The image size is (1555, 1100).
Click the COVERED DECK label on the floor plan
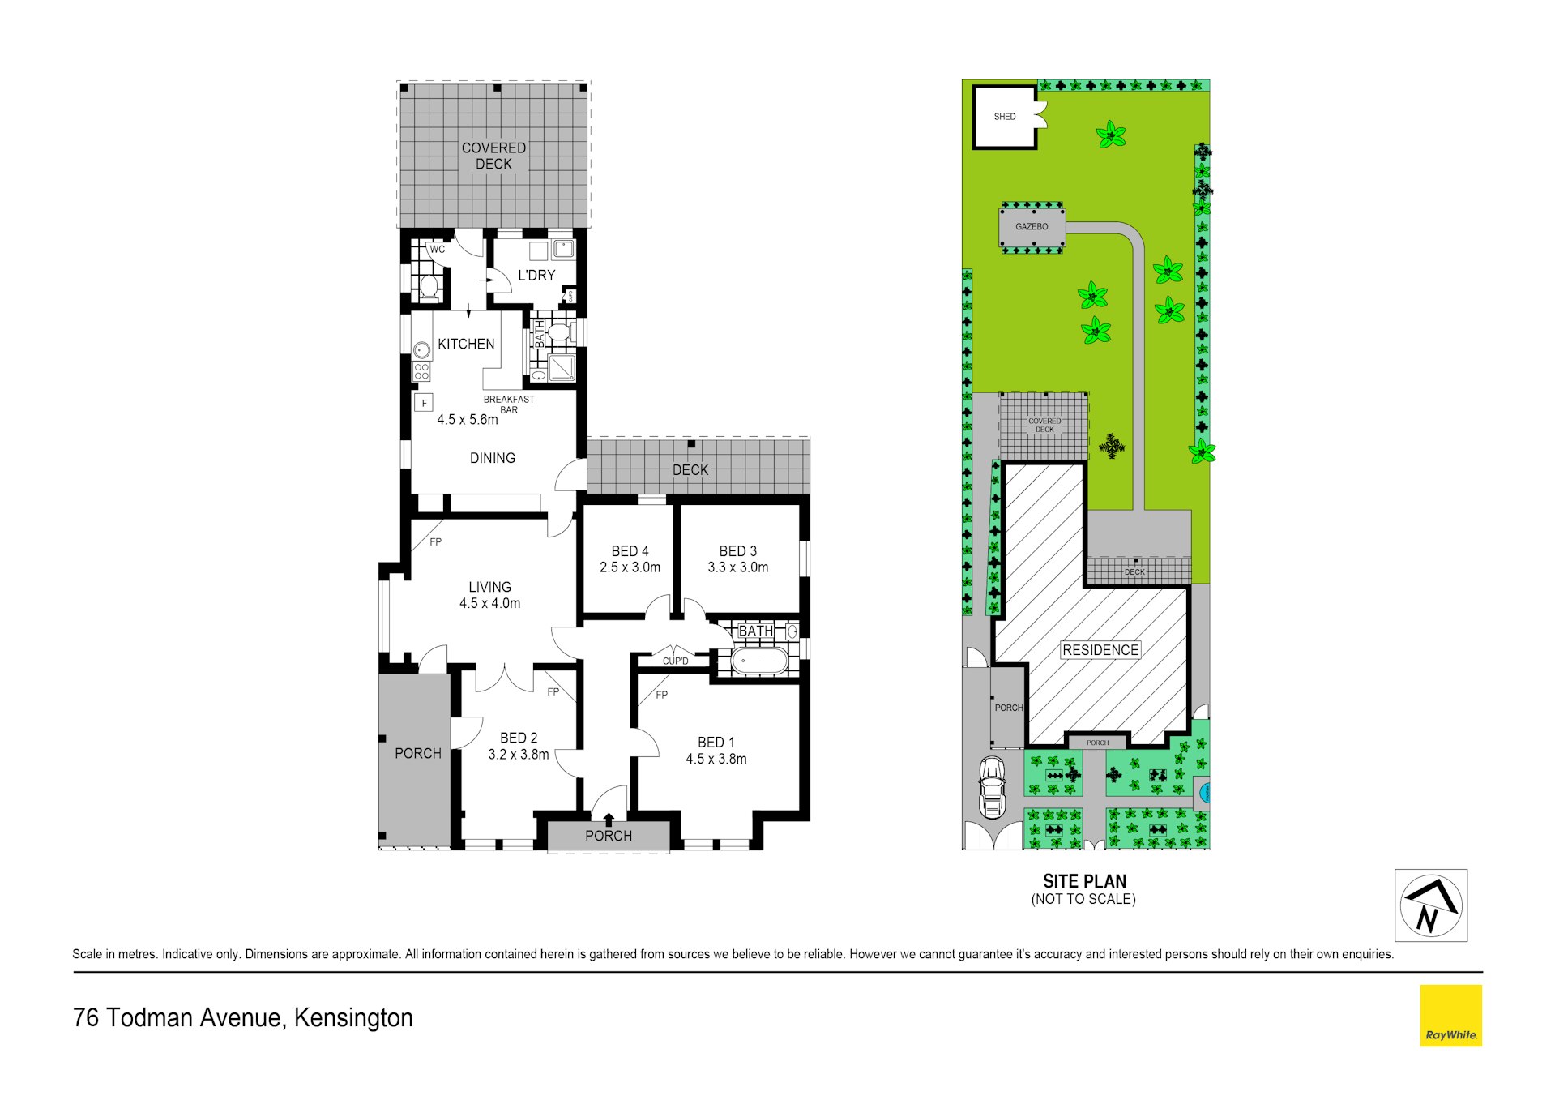coord(493,156)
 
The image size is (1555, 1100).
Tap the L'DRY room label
coord(536,275)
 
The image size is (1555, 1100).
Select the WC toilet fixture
coord(429,285)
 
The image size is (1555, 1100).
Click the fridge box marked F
coord(424,403)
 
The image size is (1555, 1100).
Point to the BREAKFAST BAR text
coord(509,404)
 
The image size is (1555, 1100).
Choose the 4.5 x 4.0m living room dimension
coord(489,603)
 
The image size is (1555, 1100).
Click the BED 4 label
coord(630,551)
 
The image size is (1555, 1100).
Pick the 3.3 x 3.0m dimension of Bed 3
coord(738,567)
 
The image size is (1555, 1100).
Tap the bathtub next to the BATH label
coord(759,661)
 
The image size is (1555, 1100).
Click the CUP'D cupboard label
coord(676,661)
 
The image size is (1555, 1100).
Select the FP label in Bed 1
coord(662,695)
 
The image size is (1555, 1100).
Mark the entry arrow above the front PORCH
coord(609,820)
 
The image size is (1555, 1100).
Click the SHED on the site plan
coord(1005,118)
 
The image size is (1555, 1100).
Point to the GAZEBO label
coord(1032,227)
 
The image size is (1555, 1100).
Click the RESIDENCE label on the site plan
coord(1100,650)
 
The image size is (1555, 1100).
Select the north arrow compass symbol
coord(1431,905)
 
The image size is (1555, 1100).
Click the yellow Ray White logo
coord(1450,1016)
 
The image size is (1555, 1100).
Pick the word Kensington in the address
coord(353,1018)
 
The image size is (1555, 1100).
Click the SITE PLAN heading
coord(1084,881)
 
